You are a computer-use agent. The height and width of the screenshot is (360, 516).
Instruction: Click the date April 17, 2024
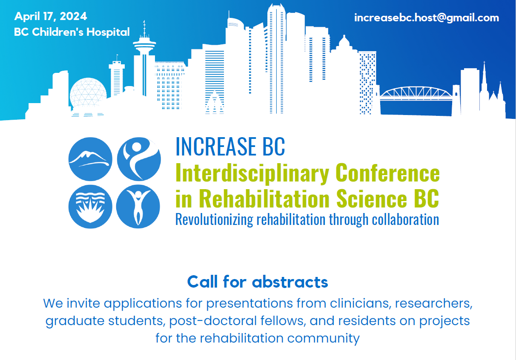tap(50, 17)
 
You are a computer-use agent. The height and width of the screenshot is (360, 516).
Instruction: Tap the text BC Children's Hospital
tap(72, 32)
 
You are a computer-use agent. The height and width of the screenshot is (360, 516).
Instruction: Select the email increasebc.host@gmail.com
tap(427, 18)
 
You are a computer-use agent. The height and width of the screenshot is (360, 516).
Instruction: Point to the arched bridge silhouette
tap(416, 94)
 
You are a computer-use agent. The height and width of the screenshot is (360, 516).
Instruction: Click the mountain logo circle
tap(90, 159)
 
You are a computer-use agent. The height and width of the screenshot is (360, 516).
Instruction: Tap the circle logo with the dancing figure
tap(139, 159)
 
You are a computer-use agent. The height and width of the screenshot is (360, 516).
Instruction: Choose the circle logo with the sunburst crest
tap(90, 207)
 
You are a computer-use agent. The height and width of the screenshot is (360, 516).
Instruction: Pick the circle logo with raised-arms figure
tap(138, 207)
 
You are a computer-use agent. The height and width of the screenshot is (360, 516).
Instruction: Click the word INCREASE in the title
tap(215, 147)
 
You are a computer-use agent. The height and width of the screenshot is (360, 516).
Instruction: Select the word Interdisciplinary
tap(252, 173)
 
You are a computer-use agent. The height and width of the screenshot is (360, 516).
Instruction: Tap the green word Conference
tap(388, 173)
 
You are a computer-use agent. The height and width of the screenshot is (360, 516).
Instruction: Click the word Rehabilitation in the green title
tap(264, 198)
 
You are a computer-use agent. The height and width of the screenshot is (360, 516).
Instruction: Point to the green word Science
tap(372, 198)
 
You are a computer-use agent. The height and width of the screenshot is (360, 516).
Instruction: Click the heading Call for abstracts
tap(258, 282)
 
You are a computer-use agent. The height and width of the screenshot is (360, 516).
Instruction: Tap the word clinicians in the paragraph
tap(361, 303)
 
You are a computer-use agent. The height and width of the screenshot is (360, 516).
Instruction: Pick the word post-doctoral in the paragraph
tap(213, 321)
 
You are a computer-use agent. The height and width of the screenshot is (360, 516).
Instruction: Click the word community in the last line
tap(323, 339)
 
